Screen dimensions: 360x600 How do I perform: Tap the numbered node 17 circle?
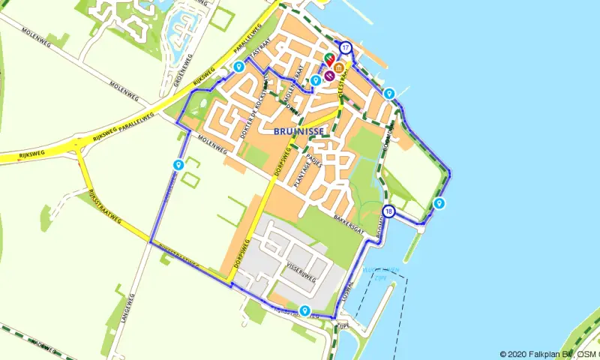345,47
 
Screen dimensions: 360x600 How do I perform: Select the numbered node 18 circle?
388,211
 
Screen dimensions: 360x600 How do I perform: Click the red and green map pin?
329,58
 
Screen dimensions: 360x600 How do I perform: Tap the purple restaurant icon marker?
329,75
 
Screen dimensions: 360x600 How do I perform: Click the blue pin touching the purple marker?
316,79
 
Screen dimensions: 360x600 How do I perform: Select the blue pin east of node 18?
439,203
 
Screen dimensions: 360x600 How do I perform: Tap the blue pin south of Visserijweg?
304,310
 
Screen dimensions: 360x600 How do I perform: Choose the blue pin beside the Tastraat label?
238,67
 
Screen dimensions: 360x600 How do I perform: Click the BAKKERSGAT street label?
349,222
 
